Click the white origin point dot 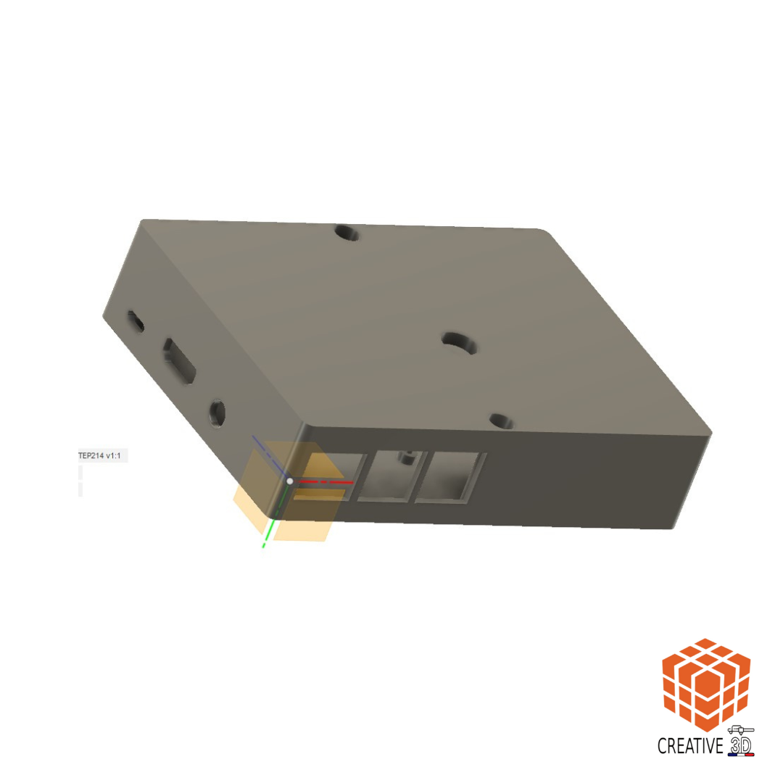(x=289, y=481)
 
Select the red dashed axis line (x=326, y=482)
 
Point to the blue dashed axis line (x=269, y=455)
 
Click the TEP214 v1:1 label (x=99, y=455)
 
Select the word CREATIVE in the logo (x=690, y=746)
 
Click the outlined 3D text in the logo (x=741, y=746)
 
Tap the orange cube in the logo (x=706, y=684)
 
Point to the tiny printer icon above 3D (x=740, y=731)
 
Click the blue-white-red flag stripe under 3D (x=741, y=755)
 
